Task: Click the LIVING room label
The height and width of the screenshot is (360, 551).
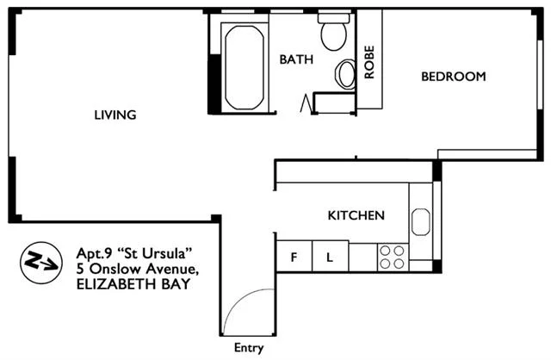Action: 115,115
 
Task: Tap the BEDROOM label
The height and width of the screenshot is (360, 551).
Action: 453,77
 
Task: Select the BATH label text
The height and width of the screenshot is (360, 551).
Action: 295,59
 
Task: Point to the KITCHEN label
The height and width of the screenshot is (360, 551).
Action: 356,215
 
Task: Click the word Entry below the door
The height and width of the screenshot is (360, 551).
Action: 249,349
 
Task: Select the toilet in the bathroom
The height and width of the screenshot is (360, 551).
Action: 332,32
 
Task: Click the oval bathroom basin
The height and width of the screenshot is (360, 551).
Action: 346,74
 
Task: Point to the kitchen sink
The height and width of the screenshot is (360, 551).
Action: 421,221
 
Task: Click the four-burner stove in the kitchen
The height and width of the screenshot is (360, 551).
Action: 393,256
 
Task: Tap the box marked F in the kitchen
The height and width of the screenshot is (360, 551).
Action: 293,257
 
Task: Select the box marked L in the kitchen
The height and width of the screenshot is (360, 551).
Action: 330,257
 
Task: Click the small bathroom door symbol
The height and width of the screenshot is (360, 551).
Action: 305,103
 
